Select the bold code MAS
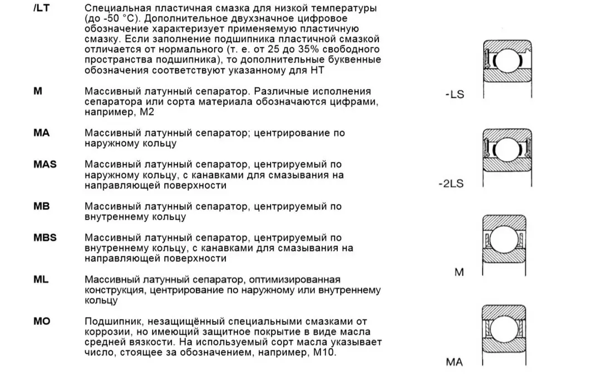(x=45, y=165)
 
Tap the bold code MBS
(x=45, y=238)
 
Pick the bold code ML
(x=41, y=279)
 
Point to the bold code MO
(x=42, y=321)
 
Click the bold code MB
(x=41, y=206)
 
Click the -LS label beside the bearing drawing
(x=455, y=95)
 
